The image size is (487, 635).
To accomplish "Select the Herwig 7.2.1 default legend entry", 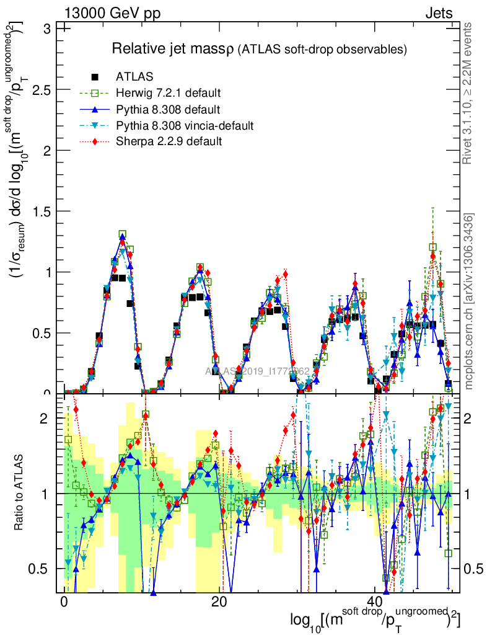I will [x=168, y=94].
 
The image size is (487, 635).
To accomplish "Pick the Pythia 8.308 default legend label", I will [x=168, y=110].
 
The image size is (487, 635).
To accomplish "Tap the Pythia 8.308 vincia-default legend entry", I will [x=185, y=126].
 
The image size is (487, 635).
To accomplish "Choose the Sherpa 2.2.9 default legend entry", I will [x=169, y=142].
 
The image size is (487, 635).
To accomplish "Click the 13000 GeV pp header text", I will [x=112, y=13].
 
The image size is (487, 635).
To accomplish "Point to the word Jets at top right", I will [x=439, y=13].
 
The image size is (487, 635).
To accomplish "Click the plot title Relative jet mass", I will [x=172, y=48].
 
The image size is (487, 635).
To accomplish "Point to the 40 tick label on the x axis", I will [x=374, y=603].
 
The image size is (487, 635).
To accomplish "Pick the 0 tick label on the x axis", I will [x=64, y=603].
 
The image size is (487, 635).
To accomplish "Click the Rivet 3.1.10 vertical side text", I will [x=468, y=93].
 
